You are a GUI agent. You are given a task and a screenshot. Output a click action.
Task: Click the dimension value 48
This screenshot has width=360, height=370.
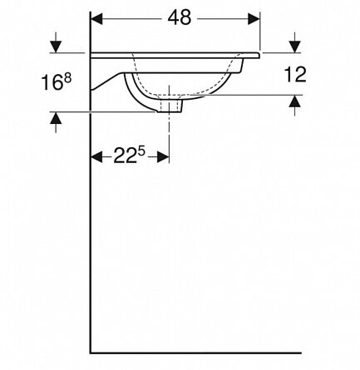click(x=180, y=17)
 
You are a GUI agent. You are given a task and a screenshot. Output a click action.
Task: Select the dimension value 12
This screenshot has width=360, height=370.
click(x=295, y=74)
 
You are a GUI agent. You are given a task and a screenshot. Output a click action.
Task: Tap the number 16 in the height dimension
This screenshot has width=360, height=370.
click(x=52, y=82)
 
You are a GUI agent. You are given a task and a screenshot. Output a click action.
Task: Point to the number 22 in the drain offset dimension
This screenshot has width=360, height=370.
click(x=126, y=157)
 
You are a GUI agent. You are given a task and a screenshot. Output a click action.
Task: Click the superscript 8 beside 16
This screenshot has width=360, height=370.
click(x=67, y=78)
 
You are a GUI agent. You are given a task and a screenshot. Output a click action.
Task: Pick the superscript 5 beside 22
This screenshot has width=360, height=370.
click(x=141, y=152)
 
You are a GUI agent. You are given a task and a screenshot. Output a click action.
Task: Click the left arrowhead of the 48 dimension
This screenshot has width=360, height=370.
click(x=97, y=19)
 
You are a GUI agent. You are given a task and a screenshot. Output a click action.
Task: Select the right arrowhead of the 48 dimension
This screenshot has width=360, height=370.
click(x=254, y=19)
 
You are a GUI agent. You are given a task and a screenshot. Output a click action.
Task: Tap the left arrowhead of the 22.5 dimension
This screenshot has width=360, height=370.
click(x=96, y=157)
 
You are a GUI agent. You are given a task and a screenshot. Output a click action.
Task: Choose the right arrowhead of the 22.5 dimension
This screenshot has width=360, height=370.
click(x=163, y=157)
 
